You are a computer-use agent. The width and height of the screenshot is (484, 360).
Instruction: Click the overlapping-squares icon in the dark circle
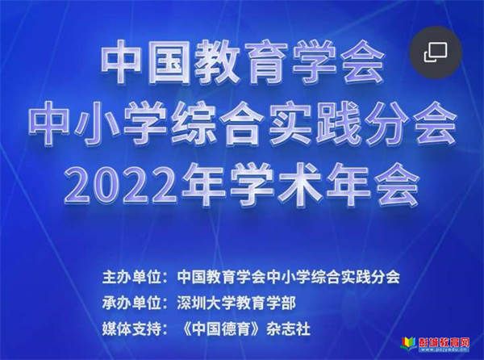pos(436,52)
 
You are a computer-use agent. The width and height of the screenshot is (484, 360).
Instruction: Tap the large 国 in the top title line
pos(173,62)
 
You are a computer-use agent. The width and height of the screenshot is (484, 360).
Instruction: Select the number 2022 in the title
pos(121,186)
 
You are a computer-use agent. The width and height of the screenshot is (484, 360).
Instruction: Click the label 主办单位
pos(132,277)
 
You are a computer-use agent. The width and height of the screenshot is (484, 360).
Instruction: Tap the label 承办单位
pos(132,303)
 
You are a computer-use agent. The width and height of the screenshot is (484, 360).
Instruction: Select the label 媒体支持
pos(132,329)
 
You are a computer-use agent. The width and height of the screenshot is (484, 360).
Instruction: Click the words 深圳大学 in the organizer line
pos(207,303)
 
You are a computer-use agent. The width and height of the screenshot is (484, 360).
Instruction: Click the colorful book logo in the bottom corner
pos(408,344)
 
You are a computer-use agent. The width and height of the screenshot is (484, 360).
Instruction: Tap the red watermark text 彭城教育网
pos(444,342)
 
